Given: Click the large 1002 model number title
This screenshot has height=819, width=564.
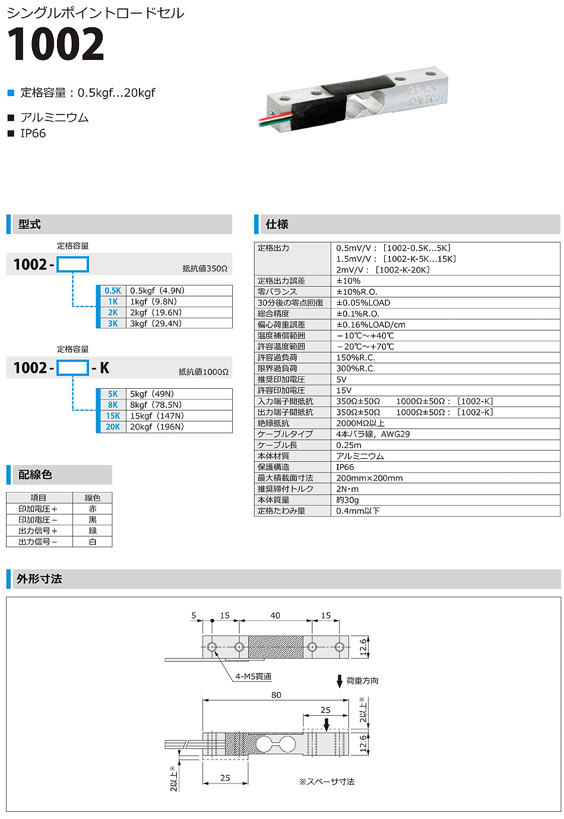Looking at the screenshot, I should pyautogui.click(x=56, y=45).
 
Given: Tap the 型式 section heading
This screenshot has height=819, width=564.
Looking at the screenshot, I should pyautogui.click(x=29, y=224).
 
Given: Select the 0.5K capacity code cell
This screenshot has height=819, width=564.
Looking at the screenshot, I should pyautogui.click(x=113, y=291).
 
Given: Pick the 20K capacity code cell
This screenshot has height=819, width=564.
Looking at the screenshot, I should pyautogui.click(x=113, y=427).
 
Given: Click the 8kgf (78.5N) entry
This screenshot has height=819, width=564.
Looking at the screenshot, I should pyautogui.click(x=156, y=405).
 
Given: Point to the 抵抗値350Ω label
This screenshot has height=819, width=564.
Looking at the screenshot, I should pyautogui.click(x=205, y=269).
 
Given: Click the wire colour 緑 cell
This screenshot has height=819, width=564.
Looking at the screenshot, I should pyautogui.click(x=93, y=531).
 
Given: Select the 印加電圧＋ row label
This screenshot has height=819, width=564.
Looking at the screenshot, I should pyautogui.click(x=38, y=509).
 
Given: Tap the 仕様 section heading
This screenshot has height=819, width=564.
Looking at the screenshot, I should pyautogui.click(x=277, y=224).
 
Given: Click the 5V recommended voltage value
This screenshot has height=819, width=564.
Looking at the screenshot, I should pyautogui.click(x=341, y=379).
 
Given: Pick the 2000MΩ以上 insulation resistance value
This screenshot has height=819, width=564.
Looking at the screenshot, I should pyautogui.click(x=360, y=423).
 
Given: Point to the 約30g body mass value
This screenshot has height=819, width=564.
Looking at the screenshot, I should pyautogui.click(x=347, y=500).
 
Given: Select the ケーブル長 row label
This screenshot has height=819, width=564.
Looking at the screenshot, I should pyautogui.click(x=277, y=445).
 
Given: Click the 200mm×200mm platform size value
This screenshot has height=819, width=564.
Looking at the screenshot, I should pyautogui.click(x=369, y=478).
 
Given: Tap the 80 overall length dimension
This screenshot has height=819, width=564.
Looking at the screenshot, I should pyautogui.click(x=276, y=695).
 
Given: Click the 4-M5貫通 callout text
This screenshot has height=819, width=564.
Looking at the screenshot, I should pyautogui.click(x=253, y=677).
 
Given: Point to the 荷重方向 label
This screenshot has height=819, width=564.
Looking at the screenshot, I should pyautogui.click(x=362, y=681).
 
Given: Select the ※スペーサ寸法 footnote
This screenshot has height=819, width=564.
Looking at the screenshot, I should pyautogui.click(x=327, y=782).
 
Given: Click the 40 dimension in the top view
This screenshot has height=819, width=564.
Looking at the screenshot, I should pyautogui.click(x=275, y=615).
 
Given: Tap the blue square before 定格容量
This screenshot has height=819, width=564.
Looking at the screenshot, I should pyautogui.click(x=11, y=93).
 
